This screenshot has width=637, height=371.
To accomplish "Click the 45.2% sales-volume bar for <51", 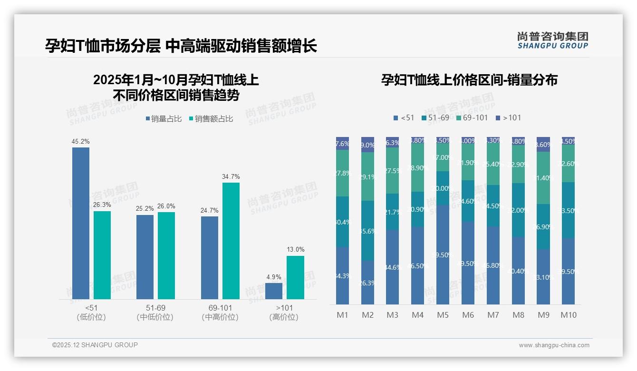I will point(81,223).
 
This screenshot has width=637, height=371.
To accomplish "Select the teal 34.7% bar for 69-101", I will point(231,241).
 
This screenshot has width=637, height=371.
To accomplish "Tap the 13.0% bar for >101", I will point(295,277).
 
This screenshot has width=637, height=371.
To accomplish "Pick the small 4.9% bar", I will point(273,291).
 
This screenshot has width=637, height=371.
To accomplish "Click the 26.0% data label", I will point(166,206).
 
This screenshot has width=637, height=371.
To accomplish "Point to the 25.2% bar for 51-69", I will point(145,257).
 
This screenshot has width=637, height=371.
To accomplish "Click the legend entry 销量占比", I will point(163,119).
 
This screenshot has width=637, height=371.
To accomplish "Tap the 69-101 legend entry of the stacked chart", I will point(472,117).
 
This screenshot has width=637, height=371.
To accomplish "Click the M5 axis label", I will point(443,315).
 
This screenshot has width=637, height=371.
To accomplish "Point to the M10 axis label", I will point(568,315).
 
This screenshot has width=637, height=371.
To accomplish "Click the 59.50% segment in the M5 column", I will point(443,254).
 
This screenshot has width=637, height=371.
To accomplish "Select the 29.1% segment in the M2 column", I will point(367,176).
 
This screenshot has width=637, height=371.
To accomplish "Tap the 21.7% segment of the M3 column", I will point(392,212).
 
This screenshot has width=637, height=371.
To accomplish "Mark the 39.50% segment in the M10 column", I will point(568,271).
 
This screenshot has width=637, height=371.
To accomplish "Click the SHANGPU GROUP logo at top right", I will point(553,40).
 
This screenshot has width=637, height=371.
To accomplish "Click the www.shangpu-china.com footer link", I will point(554,345).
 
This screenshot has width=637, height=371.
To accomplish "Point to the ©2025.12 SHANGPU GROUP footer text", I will point(95,345).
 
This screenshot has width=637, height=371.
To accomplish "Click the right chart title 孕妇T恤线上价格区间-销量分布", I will point(469,80).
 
